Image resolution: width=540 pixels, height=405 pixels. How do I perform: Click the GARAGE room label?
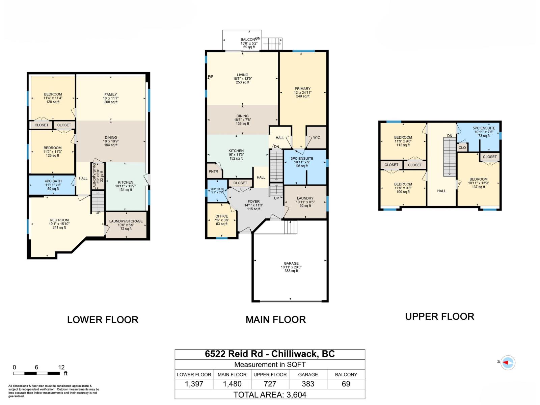pyautogui.click(x=291, y=264)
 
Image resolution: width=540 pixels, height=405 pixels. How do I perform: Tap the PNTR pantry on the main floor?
pyautogui.click(x=213, y=171)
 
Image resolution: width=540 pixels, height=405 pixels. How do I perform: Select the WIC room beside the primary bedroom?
pyautogui.click(x=316, y=137)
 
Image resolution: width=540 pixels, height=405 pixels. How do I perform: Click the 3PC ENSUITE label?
pyautogui.click(x=302, y=159)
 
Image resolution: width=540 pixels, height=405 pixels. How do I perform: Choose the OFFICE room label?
pyautogui.click(x=221, y=216)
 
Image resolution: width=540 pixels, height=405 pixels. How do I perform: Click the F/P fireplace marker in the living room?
pyautogui.click(x=210, y=77)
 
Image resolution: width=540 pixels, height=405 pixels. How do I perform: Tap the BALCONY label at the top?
pyautogui.click(x=249, y=40)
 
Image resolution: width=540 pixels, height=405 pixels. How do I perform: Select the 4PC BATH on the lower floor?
pyautogui.click(x=53, y=181)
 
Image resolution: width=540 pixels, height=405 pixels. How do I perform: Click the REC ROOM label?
pyautogui.click(x=59, y=220)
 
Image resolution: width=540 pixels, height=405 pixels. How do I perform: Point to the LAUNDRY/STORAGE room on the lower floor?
pyautogui.click(x=126, y=221)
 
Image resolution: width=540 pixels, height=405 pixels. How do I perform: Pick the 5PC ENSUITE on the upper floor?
pyautogui.click(x=484, y=128)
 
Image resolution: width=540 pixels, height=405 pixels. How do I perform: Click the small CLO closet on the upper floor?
pyautogui.click(x=462, y=148)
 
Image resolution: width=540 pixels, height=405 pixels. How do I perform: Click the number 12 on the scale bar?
pyautogui.click(x=61, y=367)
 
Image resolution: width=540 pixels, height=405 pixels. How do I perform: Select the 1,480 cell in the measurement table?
pyautogui.click(x=232, y=384)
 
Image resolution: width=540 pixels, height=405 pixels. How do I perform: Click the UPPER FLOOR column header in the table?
pyautogui.click(x=270, y=374)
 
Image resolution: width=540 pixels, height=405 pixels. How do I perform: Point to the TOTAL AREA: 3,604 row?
pyautogui.click(x=270, y=395)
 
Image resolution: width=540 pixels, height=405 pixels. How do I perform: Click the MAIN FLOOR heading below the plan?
pyautogui.click(x=275, y=319)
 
